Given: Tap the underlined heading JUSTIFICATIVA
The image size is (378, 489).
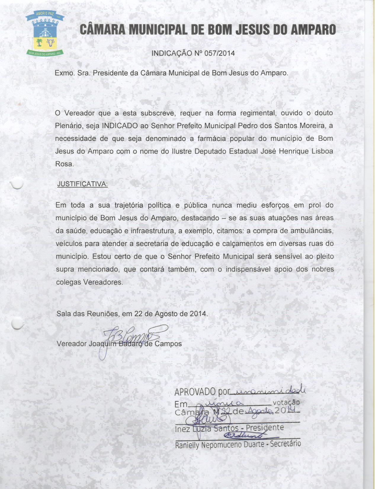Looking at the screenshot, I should click(82, 184).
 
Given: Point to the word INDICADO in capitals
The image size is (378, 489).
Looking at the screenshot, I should click(120, 126).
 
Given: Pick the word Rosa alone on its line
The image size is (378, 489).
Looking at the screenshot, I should click(64, 164).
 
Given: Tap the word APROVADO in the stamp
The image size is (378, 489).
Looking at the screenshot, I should click(195, 392).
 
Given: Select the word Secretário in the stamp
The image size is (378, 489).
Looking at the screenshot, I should click(286, 444).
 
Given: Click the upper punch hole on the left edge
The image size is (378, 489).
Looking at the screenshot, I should click(17, 183).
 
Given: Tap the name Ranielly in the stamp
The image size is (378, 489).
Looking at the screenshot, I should click(187, 445).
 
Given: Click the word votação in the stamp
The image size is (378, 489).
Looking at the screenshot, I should click(286, 402).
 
